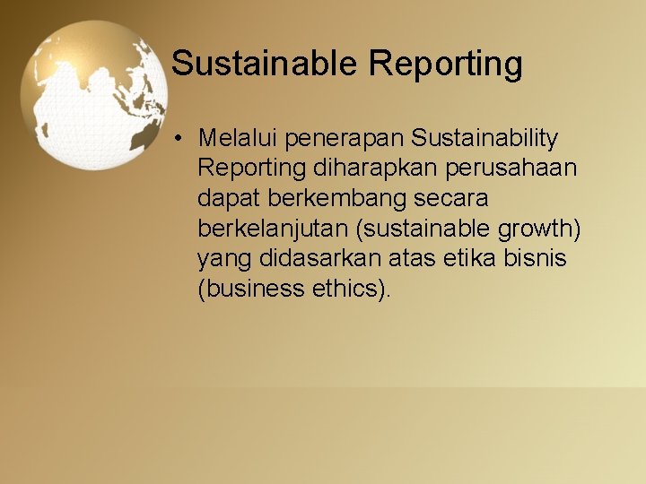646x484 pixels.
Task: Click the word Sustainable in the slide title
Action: (265, 64)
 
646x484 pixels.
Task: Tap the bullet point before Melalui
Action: (180, 139)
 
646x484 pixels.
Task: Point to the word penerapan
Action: (346, 139)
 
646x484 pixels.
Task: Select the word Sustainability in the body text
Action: (484, 138)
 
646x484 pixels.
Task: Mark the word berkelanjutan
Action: (274, 229)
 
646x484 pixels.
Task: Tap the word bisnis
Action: (542, 259)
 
